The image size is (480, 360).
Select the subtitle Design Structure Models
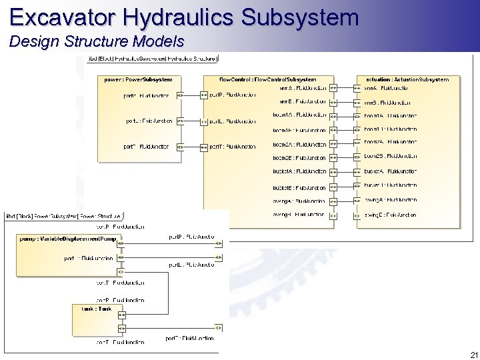[97, 42]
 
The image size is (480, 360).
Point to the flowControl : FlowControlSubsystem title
[268, 79]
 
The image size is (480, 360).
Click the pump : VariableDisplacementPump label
[68, 239]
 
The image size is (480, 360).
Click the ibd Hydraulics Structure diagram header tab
[152, 59]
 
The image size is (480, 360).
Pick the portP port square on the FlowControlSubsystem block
[204, 95]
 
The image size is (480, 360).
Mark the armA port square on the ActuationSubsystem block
[357, 87]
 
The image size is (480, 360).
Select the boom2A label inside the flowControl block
[299, 144]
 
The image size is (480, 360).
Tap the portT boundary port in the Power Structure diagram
[218, 328]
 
